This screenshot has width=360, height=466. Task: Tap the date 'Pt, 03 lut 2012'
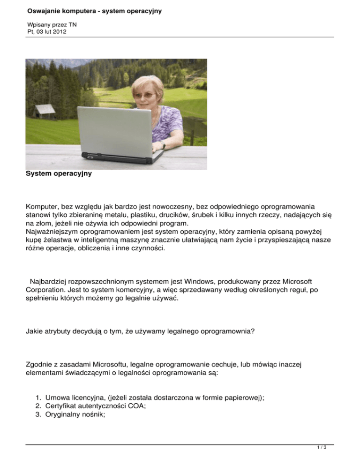click(x=47, y=31)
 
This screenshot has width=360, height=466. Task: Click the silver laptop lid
click(x=115, y=129)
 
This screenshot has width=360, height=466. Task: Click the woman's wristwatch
click(x=163, y=146)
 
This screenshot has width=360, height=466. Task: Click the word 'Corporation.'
click(x=45, y=290)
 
